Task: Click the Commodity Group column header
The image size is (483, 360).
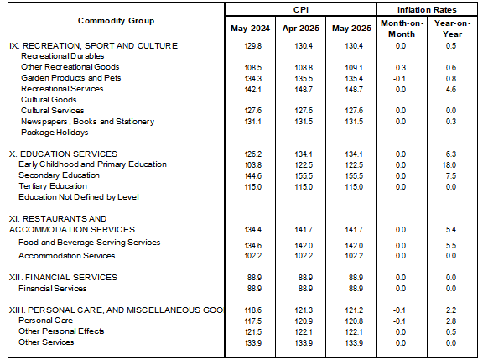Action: click(x=116, y=21)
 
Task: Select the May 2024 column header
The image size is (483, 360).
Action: click(x=250, y=29)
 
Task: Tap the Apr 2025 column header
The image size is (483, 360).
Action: click(x=301, y=29)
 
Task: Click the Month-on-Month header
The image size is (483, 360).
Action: click(x=402, y=29)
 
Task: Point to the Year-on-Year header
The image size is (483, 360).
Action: click(x=452, y=29)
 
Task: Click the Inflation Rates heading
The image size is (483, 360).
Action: click(x=427, y=10)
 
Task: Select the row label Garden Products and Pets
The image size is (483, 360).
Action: click(x=70, y=78)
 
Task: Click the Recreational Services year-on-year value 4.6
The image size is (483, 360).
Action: click(x=450, y=90)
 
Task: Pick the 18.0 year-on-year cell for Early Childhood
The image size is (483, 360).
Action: click(x=449, y=165)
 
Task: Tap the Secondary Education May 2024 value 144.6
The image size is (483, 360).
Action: click(x=253, y=176)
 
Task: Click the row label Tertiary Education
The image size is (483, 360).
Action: click(x=53, y=186)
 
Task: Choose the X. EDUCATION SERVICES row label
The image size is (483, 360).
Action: click(x=63, y=154)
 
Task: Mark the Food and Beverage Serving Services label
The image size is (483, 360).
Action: click(x=90, y=243)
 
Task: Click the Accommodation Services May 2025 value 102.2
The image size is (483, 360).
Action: click(x=354, y=256)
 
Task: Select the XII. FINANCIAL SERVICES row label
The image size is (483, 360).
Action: click(x=63, y=278)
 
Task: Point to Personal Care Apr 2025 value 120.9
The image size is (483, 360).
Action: click(x=304, y=321)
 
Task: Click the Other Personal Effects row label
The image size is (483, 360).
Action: click(x=61, y=331)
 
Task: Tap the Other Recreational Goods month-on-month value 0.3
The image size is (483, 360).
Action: click(x=401, y=68)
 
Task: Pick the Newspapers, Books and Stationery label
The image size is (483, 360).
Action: click(x=87, y=122)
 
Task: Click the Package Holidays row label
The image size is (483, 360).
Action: click(x=55, y=133)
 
